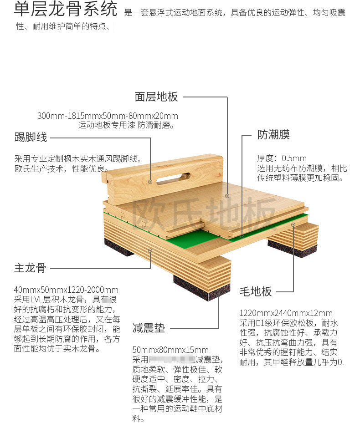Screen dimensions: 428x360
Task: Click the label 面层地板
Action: (x=156, y=97)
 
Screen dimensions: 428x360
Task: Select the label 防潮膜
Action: (x=273, y=135)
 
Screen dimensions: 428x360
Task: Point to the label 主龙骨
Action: (x=31, y=268)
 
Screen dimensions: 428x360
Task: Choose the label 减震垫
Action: (x=149, y=328)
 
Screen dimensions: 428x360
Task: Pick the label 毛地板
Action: (x=256, y=292)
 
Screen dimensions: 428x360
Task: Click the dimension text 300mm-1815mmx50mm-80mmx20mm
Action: (x=108, y=116)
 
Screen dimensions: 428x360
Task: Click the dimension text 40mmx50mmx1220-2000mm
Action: (x=66, y=290)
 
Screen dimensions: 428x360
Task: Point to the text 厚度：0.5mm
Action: (x=282, y=158)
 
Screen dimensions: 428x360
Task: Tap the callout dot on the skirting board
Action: (x=150, y=181)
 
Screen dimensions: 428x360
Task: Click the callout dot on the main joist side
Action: (x=150, y=250)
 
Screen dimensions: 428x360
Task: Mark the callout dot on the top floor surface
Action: (x=227, y=195)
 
